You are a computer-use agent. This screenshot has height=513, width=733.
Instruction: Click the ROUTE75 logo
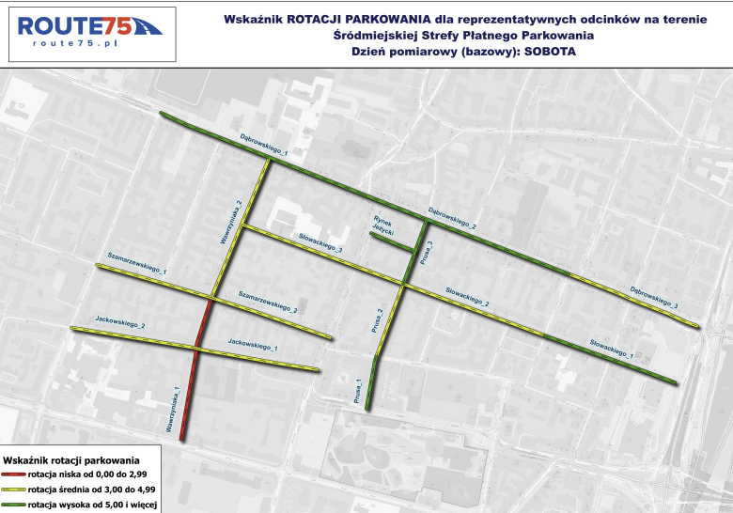click(89, 26)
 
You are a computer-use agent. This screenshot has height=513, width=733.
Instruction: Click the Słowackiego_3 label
click(320, 243)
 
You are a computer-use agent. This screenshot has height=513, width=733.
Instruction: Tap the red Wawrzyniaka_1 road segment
click(189, 395)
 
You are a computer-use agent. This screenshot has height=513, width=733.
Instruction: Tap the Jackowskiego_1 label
click(253, 344)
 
